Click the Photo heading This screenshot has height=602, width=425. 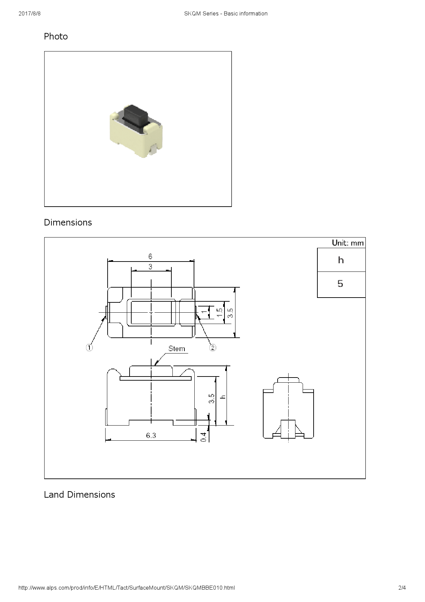56,36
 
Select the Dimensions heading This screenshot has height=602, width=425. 68,222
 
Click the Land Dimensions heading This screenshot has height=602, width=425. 80,495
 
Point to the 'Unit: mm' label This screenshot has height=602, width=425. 348,243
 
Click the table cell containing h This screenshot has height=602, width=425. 341,260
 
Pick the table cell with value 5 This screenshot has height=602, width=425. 340,284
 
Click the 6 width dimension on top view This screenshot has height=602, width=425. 150,256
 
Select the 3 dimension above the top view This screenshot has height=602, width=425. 150,267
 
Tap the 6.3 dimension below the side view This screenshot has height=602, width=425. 151,435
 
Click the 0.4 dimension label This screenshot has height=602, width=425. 204,437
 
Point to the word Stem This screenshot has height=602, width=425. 177,349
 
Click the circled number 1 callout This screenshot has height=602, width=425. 89,348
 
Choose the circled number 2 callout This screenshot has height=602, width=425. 212,348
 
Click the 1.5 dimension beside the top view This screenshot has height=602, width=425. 220,312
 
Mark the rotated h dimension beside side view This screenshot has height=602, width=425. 223,397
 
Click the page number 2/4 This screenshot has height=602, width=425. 402,588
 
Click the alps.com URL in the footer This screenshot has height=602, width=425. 126,588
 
